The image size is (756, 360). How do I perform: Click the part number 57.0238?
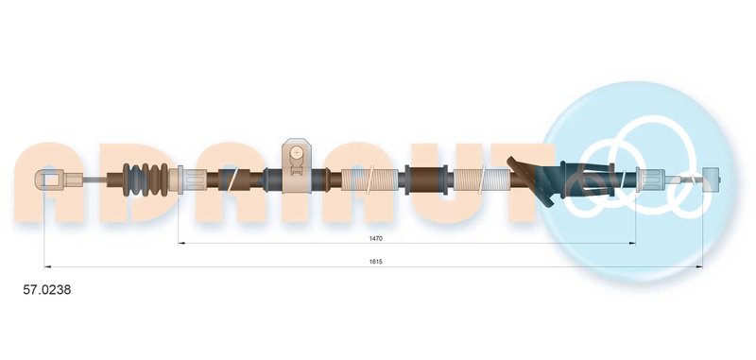coord(47,290)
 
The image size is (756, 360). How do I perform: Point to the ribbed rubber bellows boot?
coord(146,180)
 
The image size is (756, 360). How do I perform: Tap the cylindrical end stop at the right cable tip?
coord(712,180)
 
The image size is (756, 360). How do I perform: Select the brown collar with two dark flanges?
coord(426,180)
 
